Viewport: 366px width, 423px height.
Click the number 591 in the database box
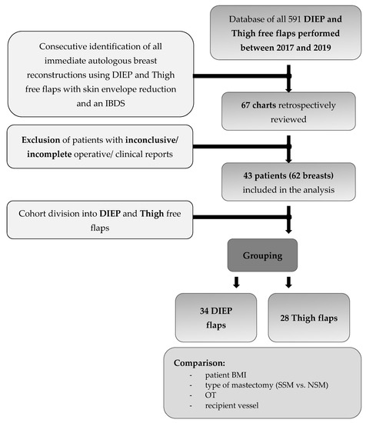[x=294, y=19]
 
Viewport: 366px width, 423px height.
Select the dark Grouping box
[x=262, y=255]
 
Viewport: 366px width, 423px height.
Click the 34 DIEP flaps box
[x=216, y=318]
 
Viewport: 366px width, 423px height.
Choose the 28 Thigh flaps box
[x=309, y=318]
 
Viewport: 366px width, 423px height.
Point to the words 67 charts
[x=258, y=105]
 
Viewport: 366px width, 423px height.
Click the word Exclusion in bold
[x=41, y=140]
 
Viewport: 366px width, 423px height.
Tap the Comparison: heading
[x=199, y=363]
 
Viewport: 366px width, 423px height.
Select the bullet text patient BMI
[x=226, y=375]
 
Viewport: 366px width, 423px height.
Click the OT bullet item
[x=211, y=395]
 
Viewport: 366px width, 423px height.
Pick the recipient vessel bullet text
[x=231, y=405]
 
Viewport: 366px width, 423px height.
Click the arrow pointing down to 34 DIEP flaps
[x=237, y=282]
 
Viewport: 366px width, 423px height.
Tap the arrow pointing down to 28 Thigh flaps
[x=288, y=282]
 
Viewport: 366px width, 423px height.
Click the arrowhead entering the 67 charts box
[x=288, y=89]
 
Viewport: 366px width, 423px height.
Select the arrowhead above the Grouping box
[x=288, y=231]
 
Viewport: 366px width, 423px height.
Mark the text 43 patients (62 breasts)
[x=288, y=175]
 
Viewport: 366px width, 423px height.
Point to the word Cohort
[x=31, y=214]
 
